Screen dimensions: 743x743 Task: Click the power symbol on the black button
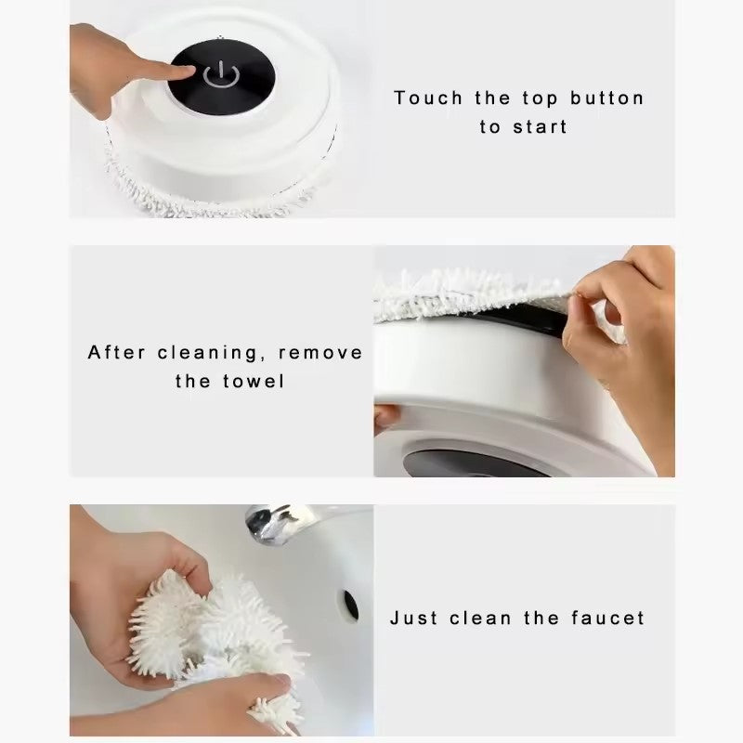click(221, 75)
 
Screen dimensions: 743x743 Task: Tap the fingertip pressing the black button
click(189, 72)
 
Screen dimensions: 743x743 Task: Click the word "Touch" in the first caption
click(428, 98)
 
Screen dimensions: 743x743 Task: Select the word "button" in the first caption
click(607, 98)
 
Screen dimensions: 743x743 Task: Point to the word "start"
click(541, 127)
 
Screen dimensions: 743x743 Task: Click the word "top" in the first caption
click(541, 99)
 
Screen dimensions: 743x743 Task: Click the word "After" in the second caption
click(117, 353)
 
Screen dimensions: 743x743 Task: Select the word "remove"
click(320, 354)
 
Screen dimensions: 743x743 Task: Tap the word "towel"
click(254, 381)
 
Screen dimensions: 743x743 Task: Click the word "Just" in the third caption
click(413, 618)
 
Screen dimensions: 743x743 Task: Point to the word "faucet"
click(608, 618)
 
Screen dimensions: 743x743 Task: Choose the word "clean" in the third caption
click(480, 618)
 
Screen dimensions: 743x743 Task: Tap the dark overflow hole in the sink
click(351, 605)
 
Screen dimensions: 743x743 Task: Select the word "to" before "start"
click(489, 127)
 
